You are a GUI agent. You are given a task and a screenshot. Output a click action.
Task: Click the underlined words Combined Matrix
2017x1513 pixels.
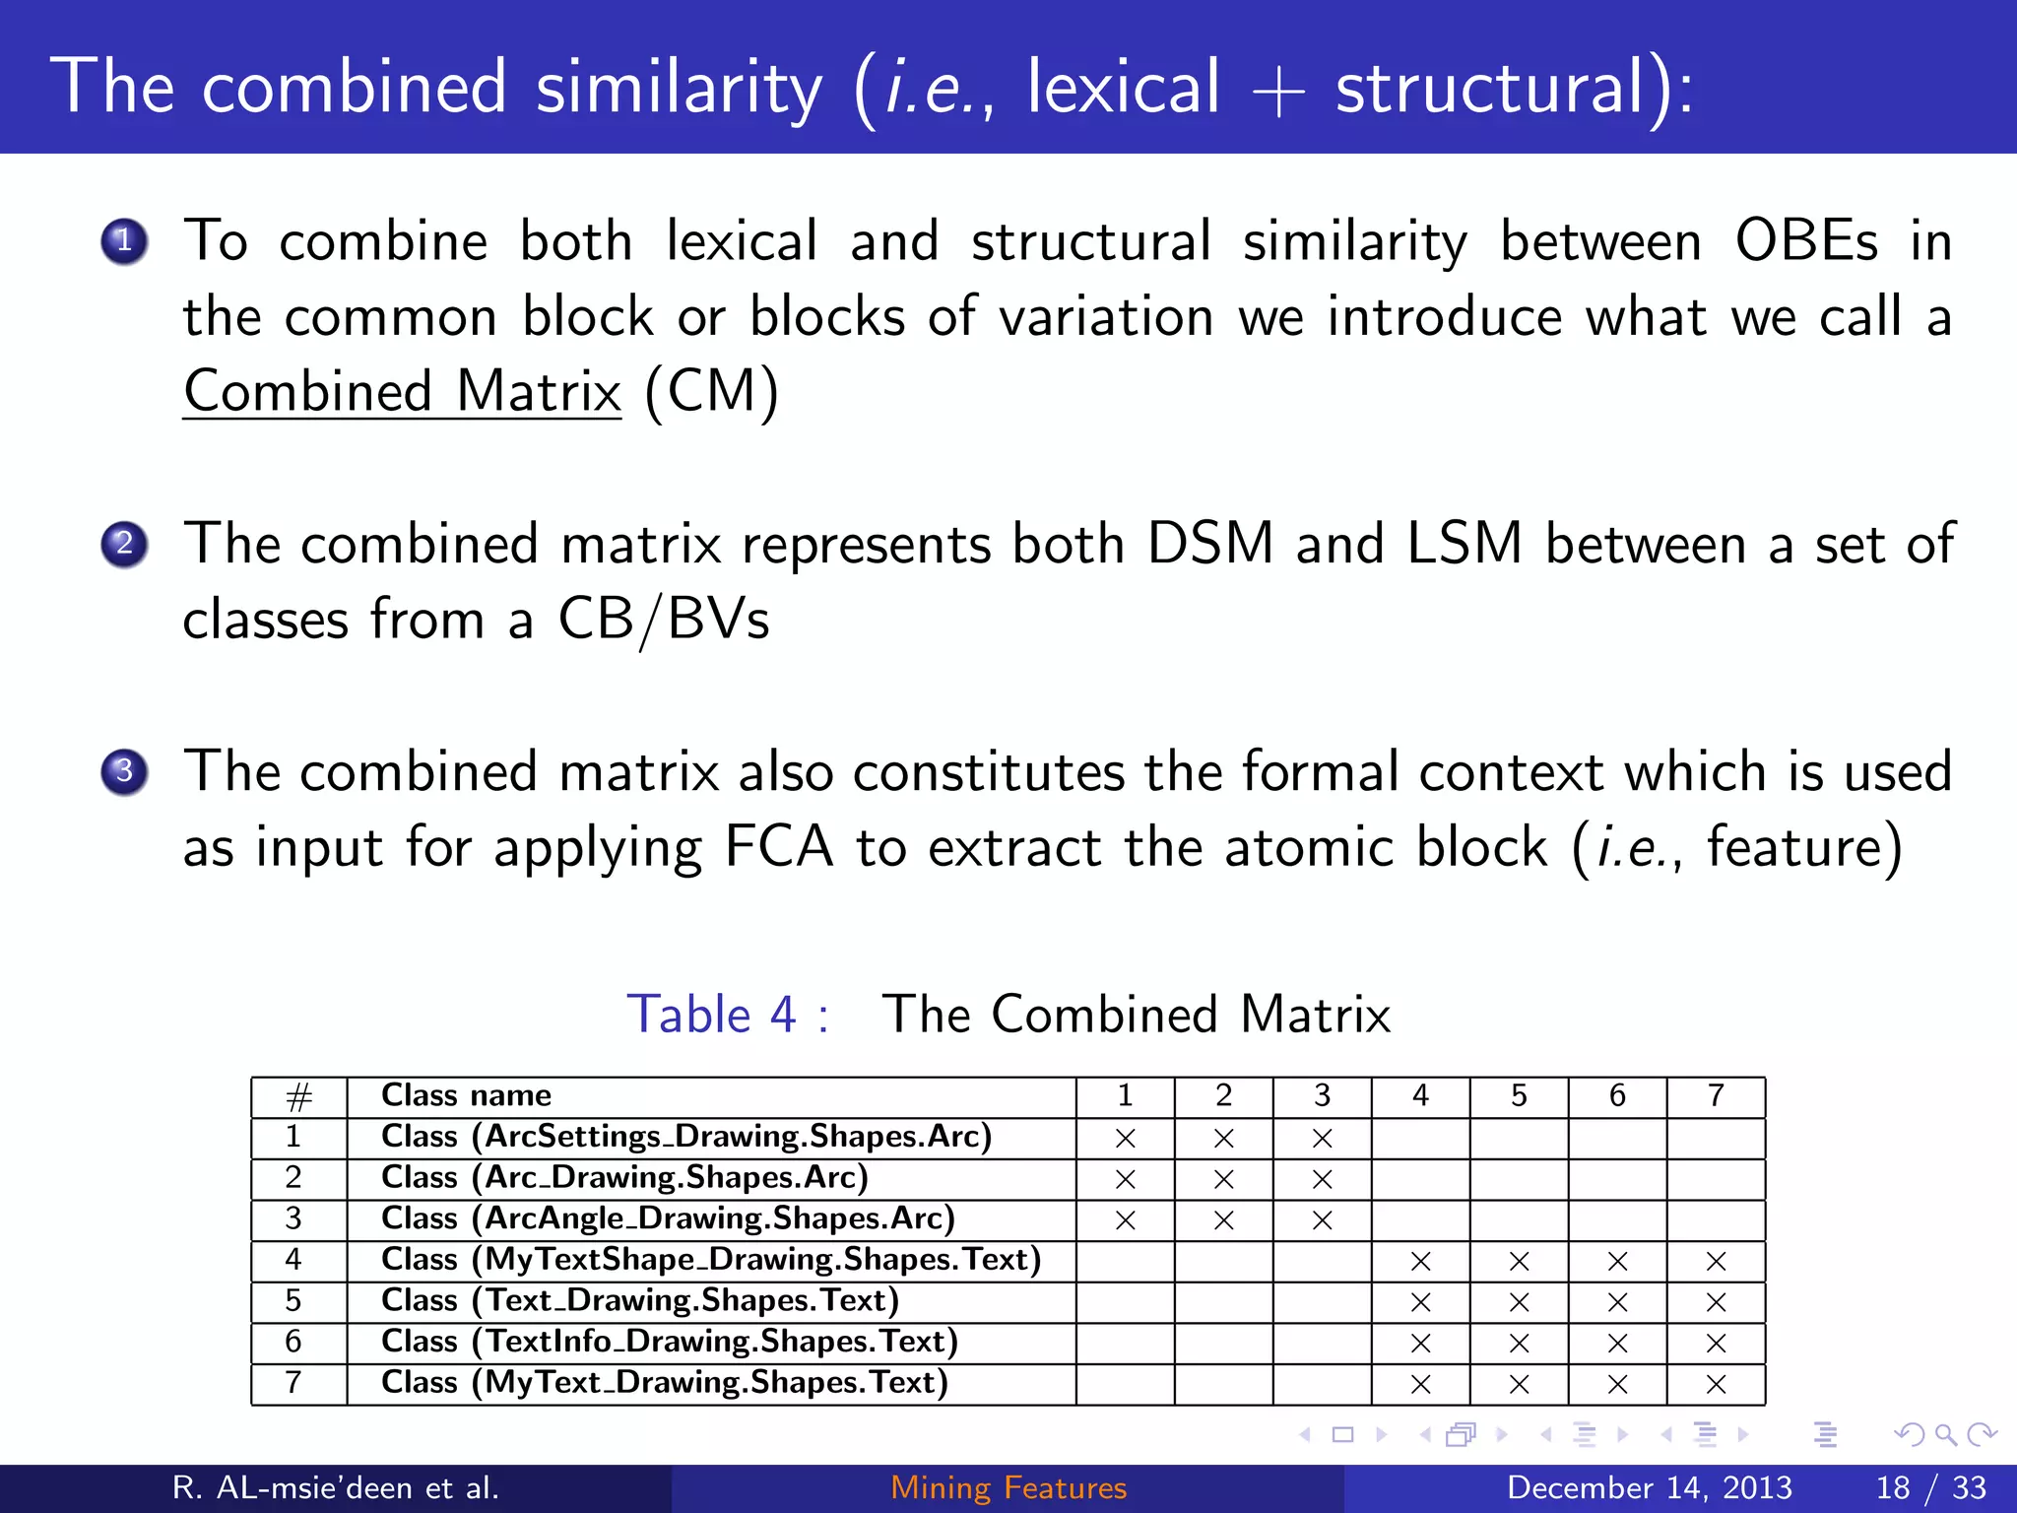402,392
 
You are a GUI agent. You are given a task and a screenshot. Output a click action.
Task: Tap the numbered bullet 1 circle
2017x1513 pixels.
124,241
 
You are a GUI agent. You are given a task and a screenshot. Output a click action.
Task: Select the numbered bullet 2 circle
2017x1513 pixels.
124,544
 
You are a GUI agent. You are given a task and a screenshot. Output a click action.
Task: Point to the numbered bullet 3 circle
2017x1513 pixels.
124,771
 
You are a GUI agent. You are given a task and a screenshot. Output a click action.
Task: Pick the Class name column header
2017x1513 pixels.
466,1095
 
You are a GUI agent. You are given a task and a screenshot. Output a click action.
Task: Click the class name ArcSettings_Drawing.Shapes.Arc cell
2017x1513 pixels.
686,1137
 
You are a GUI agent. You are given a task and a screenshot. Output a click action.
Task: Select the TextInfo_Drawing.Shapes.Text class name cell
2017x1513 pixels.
670,1342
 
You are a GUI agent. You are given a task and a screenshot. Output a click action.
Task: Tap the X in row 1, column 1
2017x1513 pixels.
1125,1139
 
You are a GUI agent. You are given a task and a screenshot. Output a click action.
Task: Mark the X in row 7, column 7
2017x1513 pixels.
1716,1385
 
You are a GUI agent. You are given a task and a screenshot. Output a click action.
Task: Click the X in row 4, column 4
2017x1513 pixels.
1420,1262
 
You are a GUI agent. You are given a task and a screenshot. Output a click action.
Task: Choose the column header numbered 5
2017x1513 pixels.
1519,1095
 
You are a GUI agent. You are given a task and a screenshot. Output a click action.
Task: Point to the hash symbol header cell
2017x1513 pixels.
298,1096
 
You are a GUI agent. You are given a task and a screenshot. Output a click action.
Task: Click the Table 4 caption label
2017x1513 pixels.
727,1015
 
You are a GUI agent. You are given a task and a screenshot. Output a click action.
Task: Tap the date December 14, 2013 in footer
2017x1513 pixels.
1649,1487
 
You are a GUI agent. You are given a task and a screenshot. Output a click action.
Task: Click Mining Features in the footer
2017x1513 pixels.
1008,1487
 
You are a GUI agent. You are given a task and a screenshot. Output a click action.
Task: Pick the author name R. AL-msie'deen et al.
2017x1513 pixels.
335,1487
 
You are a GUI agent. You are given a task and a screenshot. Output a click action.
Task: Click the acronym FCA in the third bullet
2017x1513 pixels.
778,847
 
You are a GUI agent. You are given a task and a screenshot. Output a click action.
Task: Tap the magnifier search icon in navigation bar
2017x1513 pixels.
1944,1435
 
